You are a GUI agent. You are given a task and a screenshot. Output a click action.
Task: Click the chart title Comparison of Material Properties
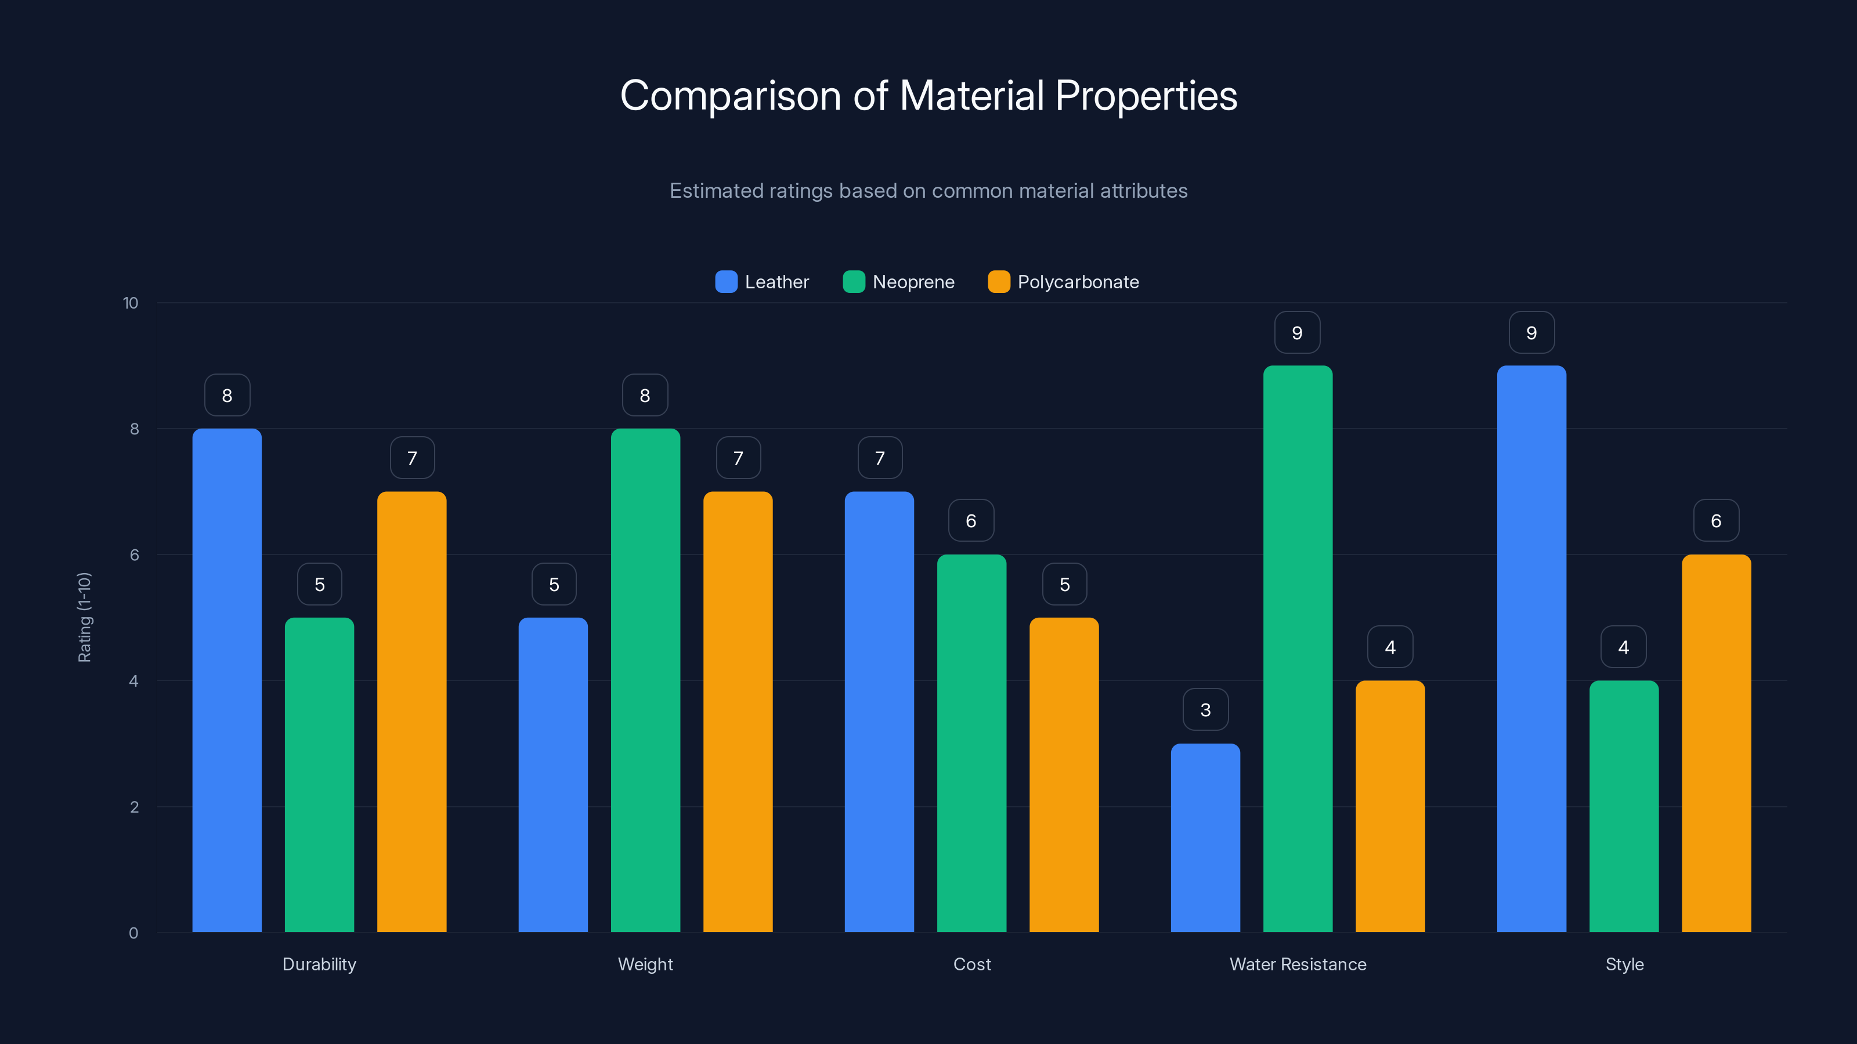(928, 95)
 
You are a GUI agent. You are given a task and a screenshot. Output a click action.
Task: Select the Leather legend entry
(762, 282)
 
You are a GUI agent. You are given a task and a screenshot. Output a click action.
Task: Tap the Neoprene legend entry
(898, 282)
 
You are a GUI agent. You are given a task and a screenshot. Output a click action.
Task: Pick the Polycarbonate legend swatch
(998, 282)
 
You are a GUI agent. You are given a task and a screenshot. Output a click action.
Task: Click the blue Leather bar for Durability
(227, 680)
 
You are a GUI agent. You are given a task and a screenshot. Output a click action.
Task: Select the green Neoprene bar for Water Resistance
(1298, 648)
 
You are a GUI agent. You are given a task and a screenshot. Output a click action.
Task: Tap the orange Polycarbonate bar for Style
(1716, 743)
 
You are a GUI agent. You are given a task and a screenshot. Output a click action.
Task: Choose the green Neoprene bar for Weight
(645, 680)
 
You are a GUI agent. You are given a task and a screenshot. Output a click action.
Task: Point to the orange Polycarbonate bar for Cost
(1064, 774)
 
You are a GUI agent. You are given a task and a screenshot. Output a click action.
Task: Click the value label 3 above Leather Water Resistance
(1205, 710)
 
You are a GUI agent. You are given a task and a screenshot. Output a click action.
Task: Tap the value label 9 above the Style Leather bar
(1531, 333)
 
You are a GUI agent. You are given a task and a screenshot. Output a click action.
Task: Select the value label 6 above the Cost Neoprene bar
(971, 521)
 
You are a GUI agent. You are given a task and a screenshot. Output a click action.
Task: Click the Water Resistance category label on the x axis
(1298, 964)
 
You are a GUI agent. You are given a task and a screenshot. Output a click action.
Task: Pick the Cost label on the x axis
(972, 964)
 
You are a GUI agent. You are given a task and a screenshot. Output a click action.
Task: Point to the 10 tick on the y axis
(131, 303)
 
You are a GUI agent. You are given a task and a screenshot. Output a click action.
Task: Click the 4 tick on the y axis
(133, 681)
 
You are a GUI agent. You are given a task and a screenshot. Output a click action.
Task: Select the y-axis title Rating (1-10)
(84, 618)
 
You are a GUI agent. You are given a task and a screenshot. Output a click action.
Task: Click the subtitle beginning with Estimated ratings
(928, 191)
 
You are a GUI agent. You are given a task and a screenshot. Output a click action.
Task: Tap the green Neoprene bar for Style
(1624, 806)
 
